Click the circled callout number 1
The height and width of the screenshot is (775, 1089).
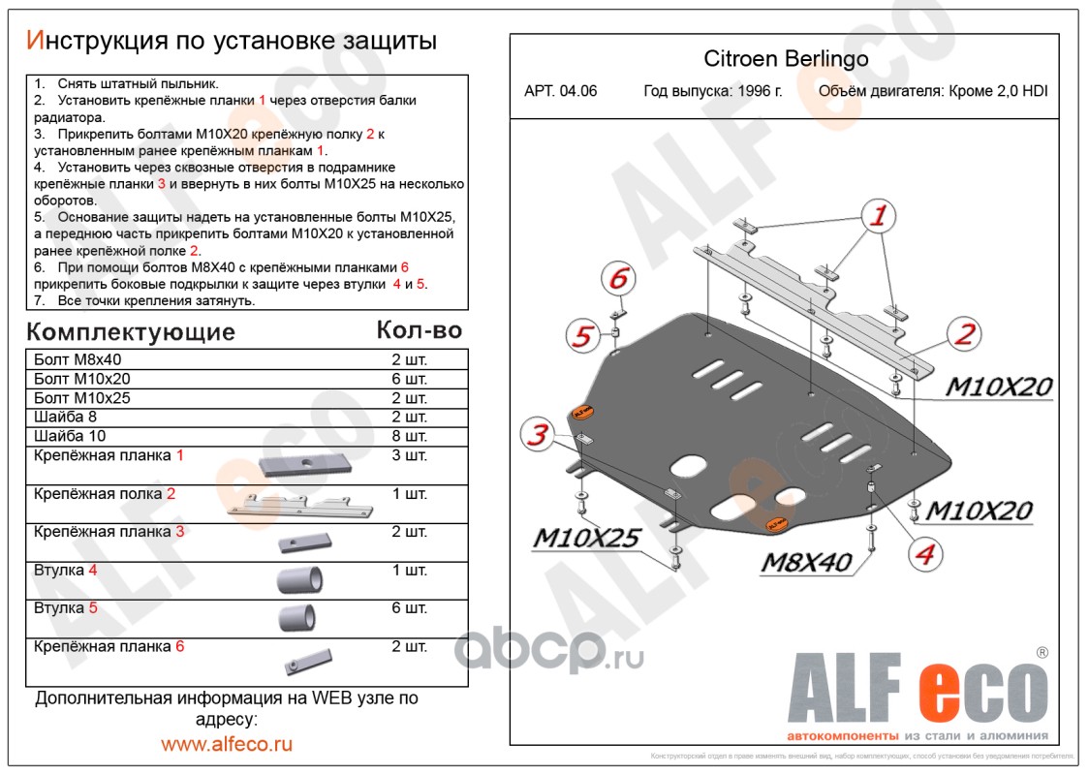click(x=877, y=217)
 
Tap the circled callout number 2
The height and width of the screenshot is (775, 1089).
click(x=964, y=335)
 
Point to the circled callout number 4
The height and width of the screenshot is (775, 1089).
click(x=924, y=554)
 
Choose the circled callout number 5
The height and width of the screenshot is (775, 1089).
click(x=580, y=337)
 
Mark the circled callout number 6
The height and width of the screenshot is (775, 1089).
click(x=617, y=279)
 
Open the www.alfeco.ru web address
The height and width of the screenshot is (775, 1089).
click(x=227, y=744)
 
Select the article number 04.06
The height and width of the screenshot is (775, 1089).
click(x=579, y=92)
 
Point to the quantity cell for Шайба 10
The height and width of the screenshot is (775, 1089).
click(x=407, y=436)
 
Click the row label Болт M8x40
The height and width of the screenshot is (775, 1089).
click(x=72, y=359)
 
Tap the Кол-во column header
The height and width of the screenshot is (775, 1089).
click(x=419, y=330)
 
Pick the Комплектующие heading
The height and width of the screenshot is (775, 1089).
click(x=131, y=332)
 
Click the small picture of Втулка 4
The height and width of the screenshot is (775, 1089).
click(x=299, y=580)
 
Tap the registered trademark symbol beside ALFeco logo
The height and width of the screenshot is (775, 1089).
click(x=1042, y=653)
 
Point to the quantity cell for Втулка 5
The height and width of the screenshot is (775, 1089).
click(x=407, y=608)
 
